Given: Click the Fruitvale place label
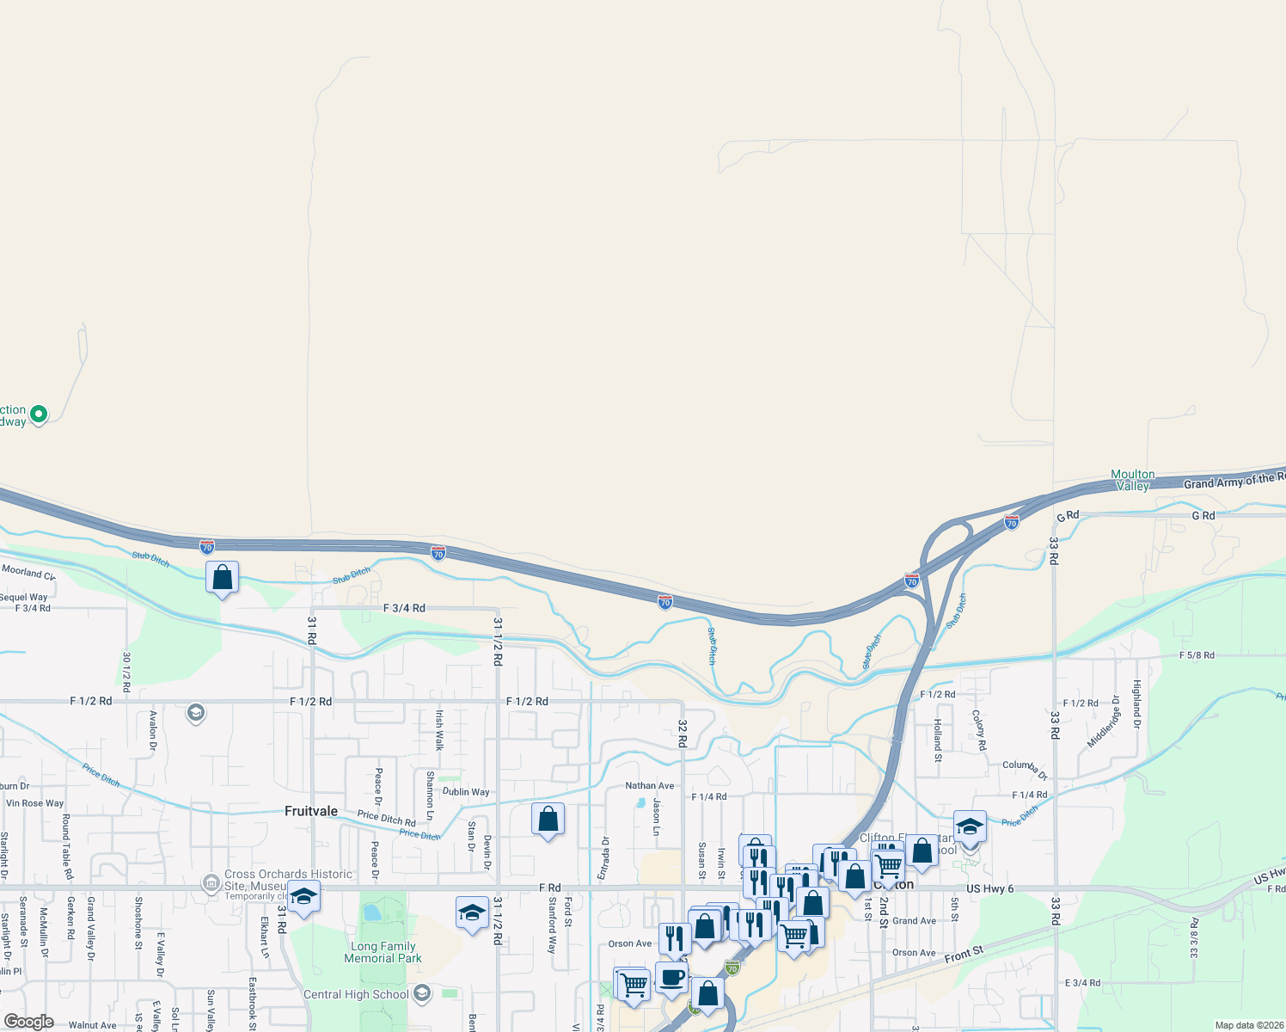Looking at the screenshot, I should pyautogui.click(x=311, y=811).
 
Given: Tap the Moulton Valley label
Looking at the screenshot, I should pyautogui.click(x=1133, y=480).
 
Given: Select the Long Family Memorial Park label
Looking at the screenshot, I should pyautogui.click(x=383, y=952).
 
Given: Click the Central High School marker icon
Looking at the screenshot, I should pyautogui.click(x=421, y=994).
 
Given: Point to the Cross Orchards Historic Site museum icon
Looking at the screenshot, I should pyautogui.click(x=211, y=883).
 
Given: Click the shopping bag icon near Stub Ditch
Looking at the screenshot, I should pyautogui.click(x=223, y=577).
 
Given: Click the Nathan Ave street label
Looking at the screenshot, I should pyautogui.click(x=650, y=785).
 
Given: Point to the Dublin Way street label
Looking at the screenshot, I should pyautogui.click(x=466, y=792).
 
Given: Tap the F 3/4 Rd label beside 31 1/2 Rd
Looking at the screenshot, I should pyautogui.click(x=404, y=608).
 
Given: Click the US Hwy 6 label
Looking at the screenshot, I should pyautogui.click(x=989, y=888).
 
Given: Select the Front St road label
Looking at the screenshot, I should pyautogui.click(x=963, y=955).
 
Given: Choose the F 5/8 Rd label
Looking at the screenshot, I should pyautogui.click(x=1197, y=655).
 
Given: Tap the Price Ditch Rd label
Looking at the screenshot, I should pyautogui.click(x=386, y=818).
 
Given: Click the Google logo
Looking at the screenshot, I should pyautogui.click(x=29, y=1022).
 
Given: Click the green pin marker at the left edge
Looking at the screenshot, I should pyautogui.click(x=38, y=415).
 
